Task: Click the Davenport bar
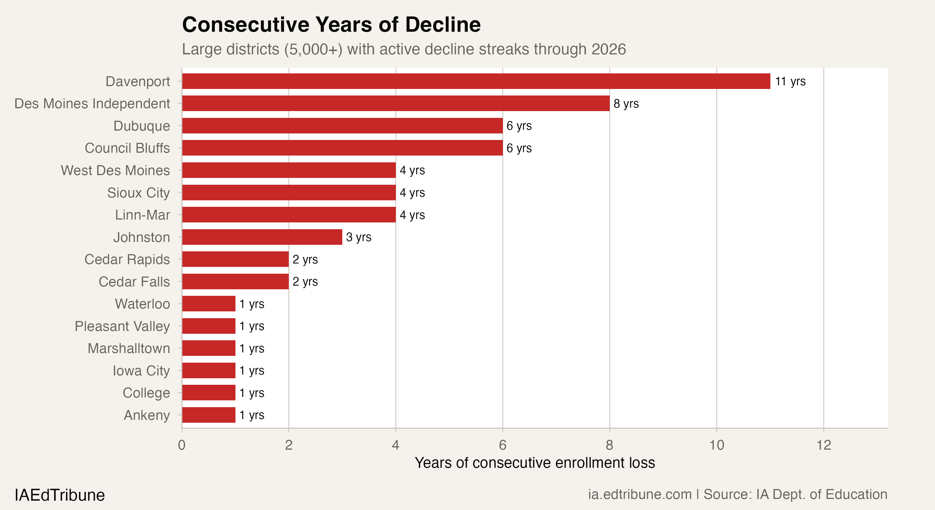point(475,81)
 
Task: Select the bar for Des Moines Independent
point(396,103)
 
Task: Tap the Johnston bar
point(262,237)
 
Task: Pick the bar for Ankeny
point(209,415)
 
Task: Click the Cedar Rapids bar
point(235,259)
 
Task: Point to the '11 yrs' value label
point(790,81)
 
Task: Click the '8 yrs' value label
point(626,104)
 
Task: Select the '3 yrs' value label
point(359,237)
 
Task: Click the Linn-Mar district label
point(142,215)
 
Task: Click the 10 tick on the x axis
point(717,445)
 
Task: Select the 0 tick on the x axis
point(182,445)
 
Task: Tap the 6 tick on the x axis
point(503,445)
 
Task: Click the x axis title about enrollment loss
point(535,463)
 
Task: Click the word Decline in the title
point(443,25)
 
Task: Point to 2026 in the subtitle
point(608,49)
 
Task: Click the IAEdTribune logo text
point(59,495)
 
